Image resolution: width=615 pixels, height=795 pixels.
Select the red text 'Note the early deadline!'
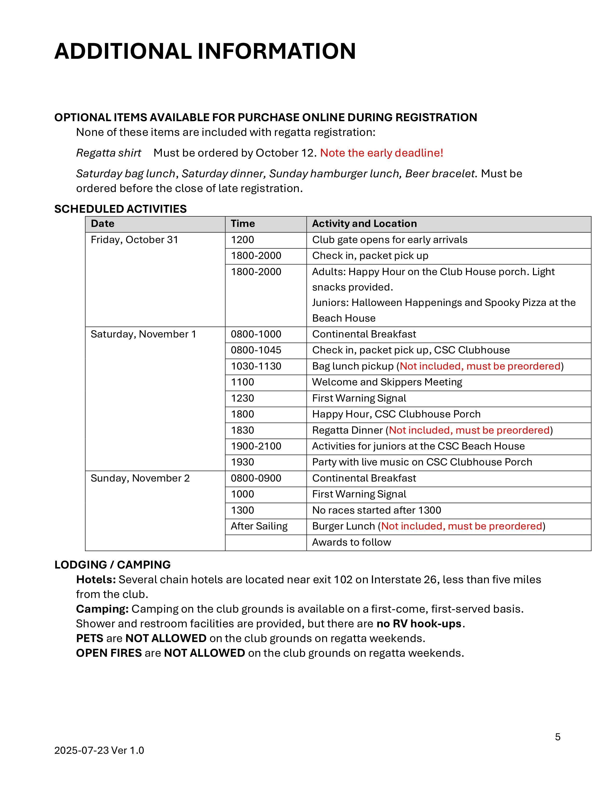coord(382,153)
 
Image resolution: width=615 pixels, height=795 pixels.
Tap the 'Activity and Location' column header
coord(364,224)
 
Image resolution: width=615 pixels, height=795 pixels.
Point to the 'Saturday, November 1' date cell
coord(143,334)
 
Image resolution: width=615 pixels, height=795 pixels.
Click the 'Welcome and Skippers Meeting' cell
coord(387,382)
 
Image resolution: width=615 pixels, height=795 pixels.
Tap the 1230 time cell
coord(243,398)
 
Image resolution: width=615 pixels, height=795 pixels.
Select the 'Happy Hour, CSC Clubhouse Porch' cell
coord(396,414)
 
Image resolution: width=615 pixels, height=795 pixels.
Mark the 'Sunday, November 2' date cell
coord(140,478)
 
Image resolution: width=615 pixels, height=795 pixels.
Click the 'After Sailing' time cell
coord(259,526)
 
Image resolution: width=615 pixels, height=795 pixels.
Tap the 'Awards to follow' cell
coord(351,542)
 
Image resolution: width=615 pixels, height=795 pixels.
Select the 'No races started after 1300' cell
coord(376,510)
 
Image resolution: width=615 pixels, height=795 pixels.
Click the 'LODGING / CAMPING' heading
coord(112,565)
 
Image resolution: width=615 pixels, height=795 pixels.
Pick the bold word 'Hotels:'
coord(96,579)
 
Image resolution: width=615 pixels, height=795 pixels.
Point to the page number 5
coord(557,737)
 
